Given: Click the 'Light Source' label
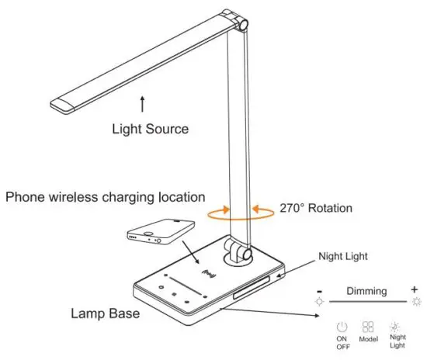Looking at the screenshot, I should [x=150, y=129].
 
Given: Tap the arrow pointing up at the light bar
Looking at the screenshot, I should [x=142, y=103].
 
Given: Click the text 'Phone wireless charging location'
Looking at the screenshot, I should [x=106, y=197].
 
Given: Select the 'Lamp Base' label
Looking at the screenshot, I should [x=105, y=314].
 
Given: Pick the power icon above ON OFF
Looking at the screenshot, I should [x=342, y=327].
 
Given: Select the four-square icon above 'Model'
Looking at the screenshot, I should [x=368, y=327].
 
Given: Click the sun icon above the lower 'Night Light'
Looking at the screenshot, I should [x=396, y=327].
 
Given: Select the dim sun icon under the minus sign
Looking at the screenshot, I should [x=319, y=300].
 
